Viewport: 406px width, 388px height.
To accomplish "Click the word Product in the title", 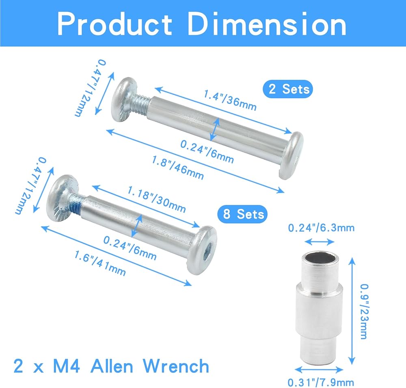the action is pos(114,24).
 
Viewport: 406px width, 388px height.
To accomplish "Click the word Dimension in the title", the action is pos(267,24).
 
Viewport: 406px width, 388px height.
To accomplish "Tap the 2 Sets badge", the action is pos(288,89).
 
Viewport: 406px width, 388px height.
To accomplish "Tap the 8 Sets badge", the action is pos(242,214).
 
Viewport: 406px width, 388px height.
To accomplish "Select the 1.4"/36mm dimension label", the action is pos(230,100).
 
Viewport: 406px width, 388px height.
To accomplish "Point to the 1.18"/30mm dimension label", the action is pos(156,199).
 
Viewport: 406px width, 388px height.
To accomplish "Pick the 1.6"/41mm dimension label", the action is pos(100,263).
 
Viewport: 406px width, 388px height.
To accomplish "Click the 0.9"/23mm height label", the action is pos(364,311).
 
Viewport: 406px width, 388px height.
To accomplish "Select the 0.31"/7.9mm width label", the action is pos(321,382).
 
